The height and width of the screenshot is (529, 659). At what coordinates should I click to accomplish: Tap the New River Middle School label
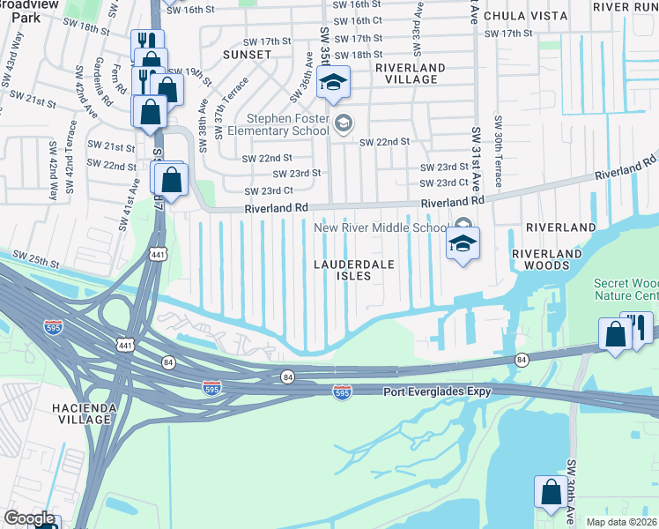(x=381, y=227)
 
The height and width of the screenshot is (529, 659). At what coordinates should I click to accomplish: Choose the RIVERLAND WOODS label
(x=547, y=261)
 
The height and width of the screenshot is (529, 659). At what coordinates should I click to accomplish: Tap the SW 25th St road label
(x=35, y=261)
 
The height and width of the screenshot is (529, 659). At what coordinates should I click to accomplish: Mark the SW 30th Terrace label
(x=498, y=151)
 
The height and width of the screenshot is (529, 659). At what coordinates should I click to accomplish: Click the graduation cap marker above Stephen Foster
(x=333, y=85)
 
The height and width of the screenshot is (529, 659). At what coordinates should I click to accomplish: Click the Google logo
(x=29, y=518)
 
